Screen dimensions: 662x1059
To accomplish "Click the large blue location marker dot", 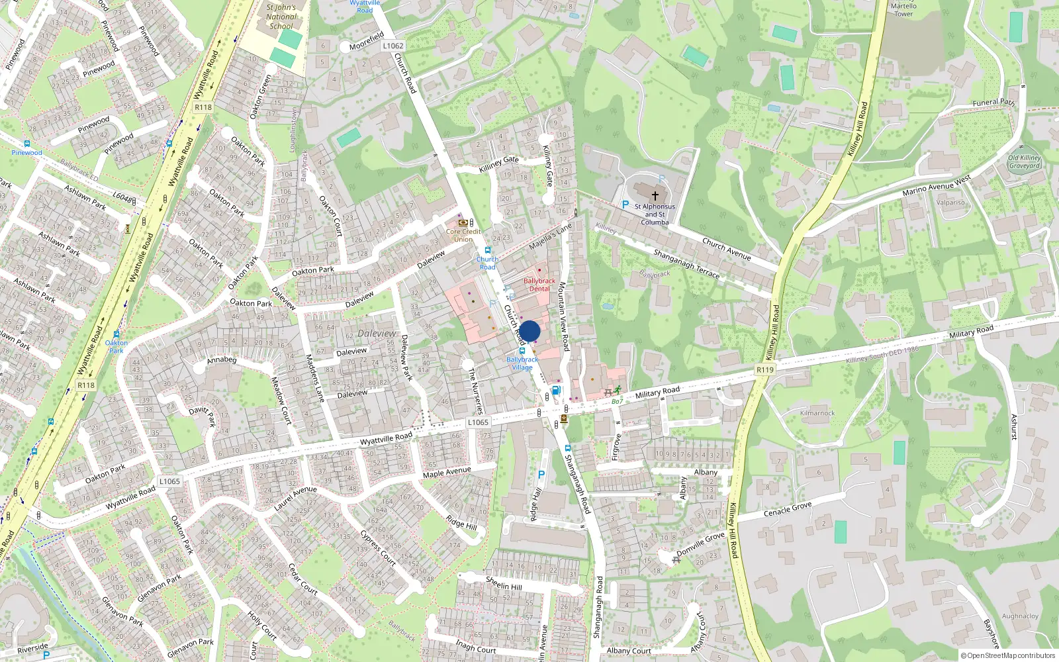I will click(x=529, y=331).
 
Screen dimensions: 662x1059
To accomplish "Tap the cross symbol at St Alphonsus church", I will click(x=655, y=196).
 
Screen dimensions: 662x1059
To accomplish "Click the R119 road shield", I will click(x=764, y=370).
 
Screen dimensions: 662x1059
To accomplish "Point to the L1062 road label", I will click(x=393, y=46).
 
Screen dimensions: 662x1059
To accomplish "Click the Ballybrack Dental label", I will click(x=539, y=285).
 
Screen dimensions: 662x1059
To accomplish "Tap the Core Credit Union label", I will click(x=463, y=235).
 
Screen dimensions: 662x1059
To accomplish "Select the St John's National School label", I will click(x=281, y=17).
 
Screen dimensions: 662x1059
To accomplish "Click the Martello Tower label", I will click(x=903, y=9).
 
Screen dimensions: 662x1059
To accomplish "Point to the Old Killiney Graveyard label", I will click(x=1025, y=162).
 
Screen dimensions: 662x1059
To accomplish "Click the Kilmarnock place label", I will click(x=817, y=413).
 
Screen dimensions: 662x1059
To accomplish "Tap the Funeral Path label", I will click(x=993, y=103).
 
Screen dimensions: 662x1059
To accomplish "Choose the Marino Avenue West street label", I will click(x=937, y=186).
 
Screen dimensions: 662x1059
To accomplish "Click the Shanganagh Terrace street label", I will click(x=686, y=263).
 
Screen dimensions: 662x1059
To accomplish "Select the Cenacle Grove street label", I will click(x=788, y=509).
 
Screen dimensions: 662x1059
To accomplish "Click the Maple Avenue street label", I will click(x=447, y=472).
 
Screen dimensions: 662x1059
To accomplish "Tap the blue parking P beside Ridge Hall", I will click(x=541, y=475).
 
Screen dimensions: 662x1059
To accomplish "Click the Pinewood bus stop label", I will click(x=26, y=153).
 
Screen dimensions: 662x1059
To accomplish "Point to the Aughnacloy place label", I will click(x=1020, y=616).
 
